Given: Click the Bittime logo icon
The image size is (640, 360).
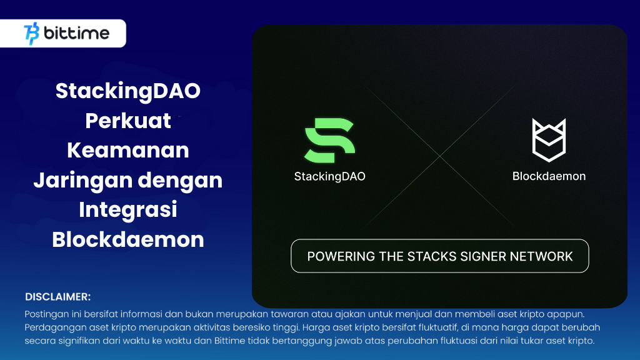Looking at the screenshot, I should [31, 34].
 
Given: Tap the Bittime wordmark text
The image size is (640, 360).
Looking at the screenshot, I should [76, 34].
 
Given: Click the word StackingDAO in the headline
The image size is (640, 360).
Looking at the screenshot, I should [128, 91].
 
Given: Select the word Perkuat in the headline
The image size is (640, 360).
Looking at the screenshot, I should [128, 121].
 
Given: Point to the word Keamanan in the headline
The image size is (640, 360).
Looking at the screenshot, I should [128, 151].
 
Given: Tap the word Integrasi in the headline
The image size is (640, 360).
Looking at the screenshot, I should [128, 210].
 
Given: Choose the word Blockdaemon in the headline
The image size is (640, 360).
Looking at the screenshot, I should [128, 240].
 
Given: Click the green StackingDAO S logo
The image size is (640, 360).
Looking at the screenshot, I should [329, 141].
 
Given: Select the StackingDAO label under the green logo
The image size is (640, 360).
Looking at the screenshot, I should [329, 176].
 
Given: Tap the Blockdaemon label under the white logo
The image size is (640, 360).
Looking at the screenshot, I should [549, 176].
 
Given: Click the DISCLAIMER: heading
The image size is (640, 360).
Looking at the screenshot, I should [58, 296].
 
